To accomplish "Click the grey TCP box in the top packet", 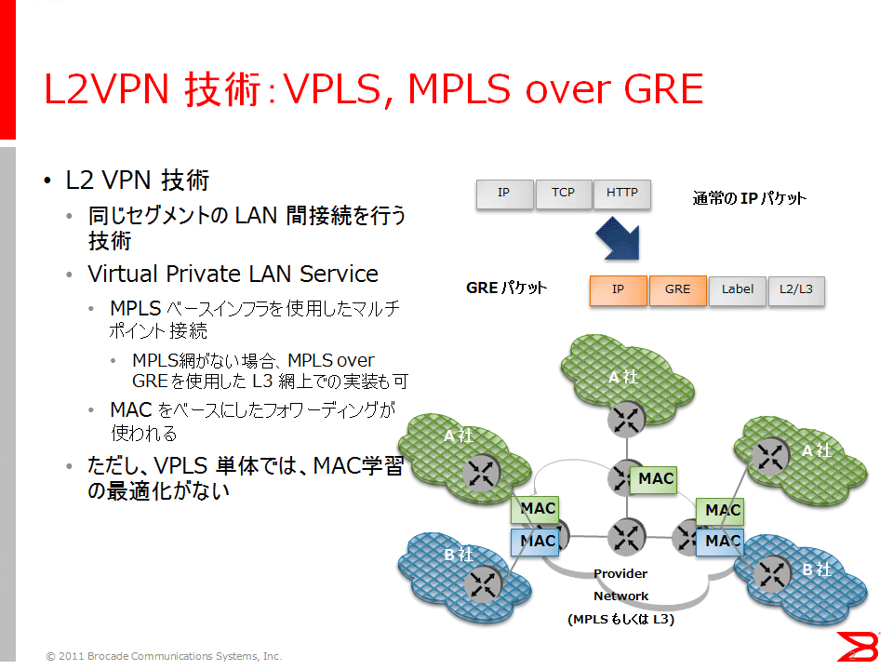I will tap(564, 194).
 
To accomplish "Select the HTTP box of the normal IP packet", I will tap(622, 194).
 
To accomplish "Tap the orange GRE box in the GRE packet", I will tap(677, 290).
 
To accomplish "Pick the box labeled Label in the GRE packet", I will tap(738, 290).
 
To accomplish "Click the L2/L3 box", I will tap(796, 290).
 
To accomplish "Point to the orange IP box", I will tap(618, 290).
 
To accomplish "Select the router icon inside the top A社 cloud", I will tap(627, 420).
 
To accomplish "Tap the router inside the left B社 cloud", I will tap(482, 583).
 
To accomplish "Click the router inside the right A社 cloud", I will tap(771, 455).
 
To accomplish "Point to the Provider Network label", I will tap(620, 584).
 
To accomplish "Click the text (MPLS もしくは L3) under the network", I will tap(620, 619).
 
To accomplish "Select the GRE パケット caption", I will tap(506, 288).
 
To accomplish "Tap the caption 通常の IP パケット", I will tap(749, 198).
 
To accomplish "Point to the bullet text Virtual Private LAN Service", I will tap(233, 275).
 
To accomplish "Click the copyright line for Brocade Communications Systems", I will tap(164, 656).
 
